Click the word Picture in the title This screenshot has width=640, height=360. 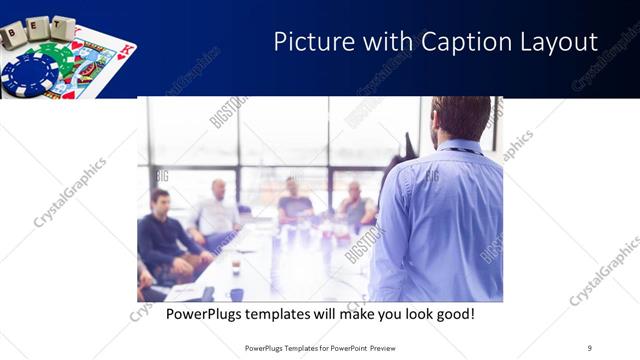(x=311, y=42)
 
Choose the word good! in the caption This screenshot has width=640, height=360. (x=452, y=314)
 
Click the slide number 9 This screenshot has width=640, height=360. (x=590, y=347)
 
